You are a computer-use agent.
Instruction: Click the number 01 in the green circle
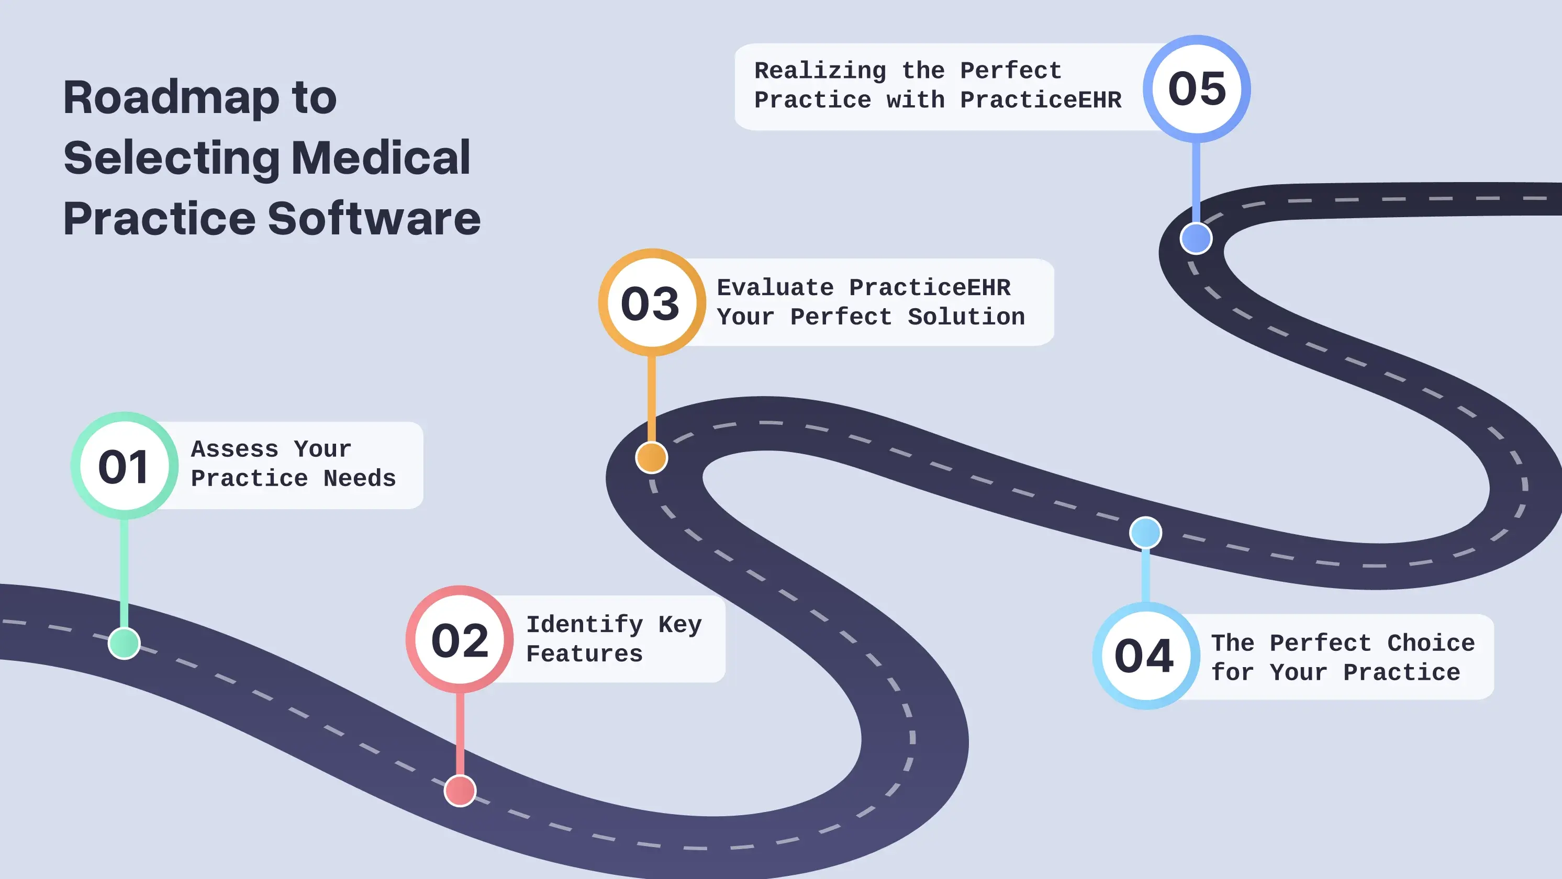click(x=124, y=467)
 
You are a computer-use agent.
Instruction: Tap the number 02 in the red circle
click(x=460, y=641)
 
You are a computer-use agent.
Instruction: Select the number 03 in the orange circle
click(x=651, y=303)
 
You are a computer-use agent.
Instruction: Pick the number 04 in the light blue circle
click(x=1144, y=656)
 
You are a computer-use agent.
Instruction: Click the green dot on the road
click(x=124, y=643)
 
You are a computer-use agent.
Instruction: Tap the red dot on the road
click(x=460, y=791)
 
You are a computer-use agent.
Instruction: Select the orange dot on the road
click(x=651, y=458)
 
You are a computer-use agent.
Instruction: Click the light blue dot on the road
click(x=1145, y=533)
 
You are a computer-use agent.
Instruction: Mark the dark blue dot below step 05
click(x=1196, y=238)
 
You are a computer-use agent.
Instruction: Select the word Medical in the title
click(x=381, y=157)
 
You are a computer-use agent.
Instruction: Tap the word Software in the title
click(x=374, y=218)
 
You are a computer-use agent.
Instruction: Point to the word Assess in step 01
click(x=235, y=449)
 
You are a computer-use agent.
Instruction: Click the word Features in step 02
click(x=584, y=653)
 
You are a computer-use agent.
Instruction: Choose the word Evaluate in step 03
click(x=775, y=287)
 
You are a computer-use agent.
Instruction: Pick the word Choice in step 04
click(x=1431, y=643)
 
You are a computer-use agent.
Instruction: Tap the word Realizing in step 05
click(x=820, y=71)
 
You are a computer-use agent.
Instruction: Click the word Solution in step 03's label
click(x=965, y=317)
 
